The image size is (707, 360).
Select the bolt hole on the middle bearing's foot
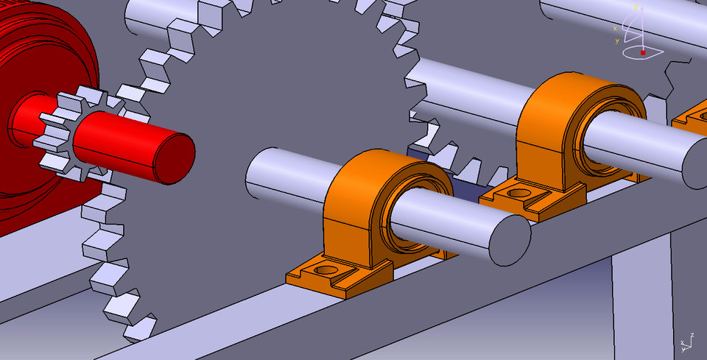(519, 194)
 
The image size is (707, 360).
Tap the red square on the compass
(642, 53)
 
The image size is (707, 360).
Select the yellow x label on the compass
(615, 29)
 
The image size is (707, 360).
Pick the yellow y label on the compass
(617, 40)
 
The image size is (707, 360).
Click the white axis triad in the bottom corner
(688, 340)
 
